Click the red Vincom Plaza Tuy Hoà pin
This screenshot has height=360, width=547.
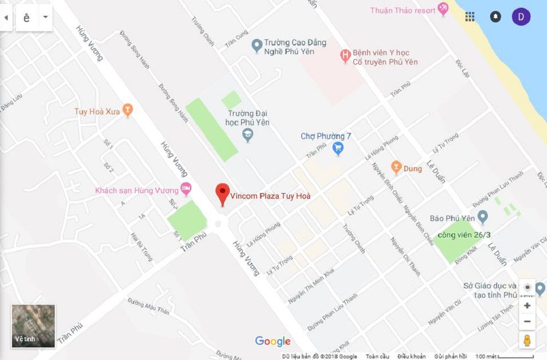(222, 194)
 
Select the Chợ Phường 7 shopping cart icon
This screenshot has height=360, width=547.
(338, 148)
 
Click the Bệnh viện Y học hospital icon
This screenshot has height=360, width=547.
(345, 55)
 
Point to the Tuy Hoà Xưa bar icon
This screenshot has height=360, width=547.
(128, 112)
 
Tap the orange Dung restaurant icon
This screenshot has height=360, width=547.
(397, 167)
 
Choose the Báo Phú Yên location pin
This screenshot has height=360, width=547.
(482, 218)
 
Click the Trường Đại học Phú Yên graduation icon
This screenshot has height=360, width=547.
(248, 135)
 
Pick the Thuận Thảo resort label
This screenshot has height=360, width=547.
(403, 10)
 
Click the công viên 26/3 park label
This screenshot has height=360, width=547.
(464, 235)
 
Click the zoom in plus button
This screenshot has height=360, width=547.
(527, 305)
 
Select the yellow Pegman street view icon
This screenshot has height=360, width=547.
(527, 340)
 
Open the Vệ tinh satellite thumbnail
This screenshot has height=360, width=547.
(33, 326)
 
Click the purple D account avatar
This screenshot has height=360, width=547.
(521, 16)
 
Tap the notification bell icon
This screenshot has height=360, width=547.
(496, 16)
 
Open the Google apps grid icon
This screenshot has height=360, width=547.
(470, 16)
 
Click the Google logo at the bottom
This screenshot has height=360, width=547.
(272, 342)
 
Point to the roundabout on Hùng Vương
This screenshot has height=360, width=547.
(219, 223)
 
